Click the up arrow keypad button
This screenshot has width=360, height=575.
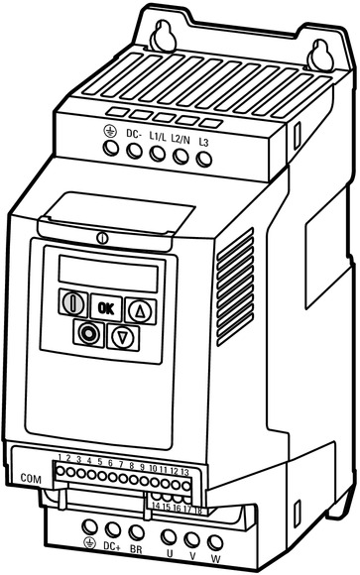[141, 311]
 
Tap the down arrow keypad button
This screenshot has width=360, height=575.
[123, 337]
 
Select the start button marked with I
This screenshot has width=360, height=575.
[73, 303]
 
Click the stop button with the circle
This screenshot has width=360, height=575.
[88, 333]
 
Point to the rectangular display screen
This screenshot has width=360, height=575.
[108, 274]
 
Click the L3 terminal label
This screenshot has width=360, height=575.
[203, 142]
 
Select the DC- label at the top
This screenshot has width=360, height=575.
[134, 134]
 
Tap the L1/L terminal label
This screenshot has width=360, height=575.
[158, 137]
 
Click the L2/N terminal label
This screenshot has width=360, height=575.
[180, 140]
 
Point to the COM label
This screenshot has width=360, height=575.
[31, 478]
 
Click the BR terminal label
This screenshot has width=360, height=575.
[136, 549]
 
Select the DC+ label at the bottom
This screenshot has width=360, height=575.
[112, 546]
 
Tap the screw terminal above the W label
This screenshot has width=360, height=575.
[215, 543]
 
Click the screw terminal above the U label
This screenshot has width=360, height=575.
[169, 537]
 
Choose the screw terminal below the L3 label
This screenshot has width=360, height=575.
[204, 160]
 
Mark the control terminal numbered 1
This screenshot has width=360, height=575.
[60, 471]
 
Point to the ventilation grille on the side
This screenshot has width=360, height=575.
[235, 287]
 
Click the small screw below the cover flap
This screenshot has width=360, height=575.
[102, 238]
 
